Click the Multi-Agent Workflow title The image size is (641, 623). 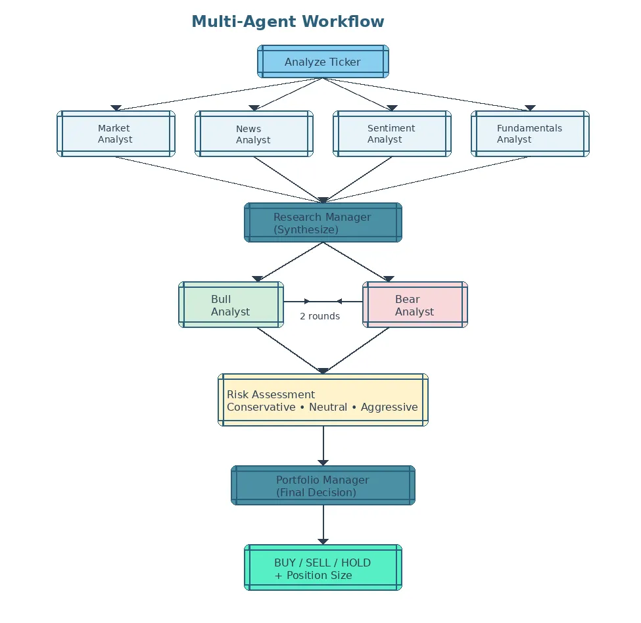tap(287, 22)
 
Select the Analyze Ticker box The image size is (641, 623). tap(323, 62)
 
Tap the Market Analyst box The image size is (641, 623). tap(116, 134)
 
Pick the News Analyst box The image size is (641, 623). tap(254, 134)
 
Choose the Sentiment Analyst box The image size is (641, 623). tap(392, 134)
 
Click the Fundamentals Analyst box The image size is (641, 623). tap(530, 134)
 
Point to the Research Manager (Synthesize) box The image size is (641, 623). tap(323, 223)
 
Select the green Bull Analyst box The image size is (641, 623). tap(231, 305)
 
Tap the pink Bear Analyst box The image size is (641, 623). tap(415, 305)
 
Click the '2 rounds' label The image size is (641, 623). tap(320, 316)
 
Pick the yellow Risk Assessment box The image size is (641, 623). tap(323, 400)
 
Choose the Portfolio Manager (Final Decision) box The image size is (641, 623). tap(323, 486)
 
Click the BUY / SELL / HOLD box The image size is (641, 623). tap(323, 568)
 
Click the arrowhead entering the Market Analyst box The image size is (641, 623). tap(116, 108)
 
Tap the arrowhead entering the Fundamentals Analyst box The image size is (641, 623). tap(530, 108)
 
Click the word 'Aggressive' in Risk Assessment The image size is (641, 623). tap(389, 407)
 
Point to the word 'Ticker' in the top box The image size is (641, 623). tap(345, 62)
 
